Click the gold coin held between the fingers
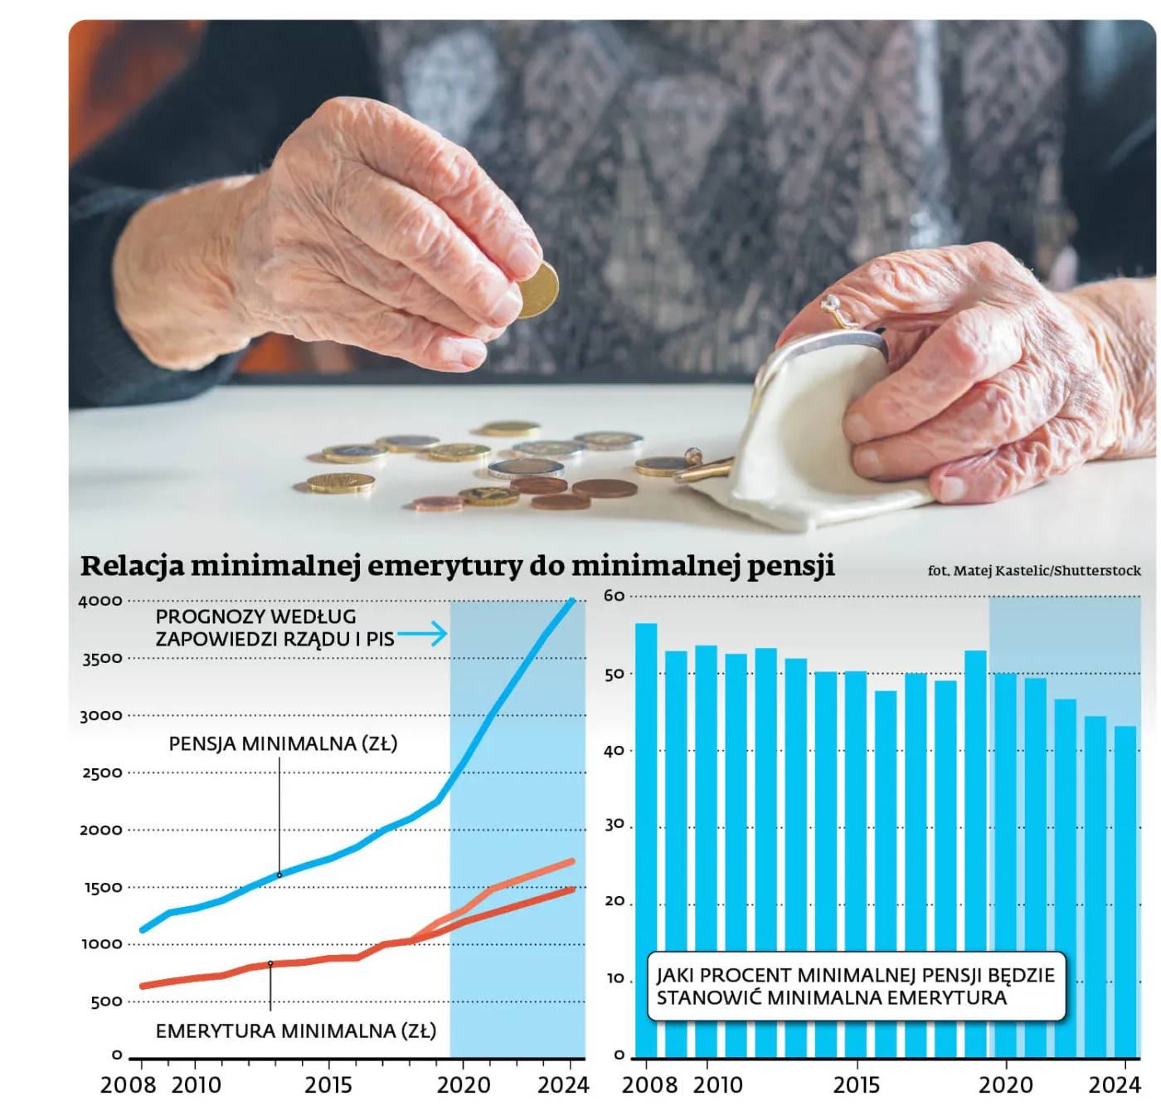tap(537, 290)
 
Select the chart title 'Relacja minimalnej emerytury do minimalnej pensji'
tap(457, 566)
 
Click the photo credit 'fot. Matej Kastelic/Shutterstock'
tap(1033, 571)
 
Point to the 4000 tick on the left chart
tap(100, 602)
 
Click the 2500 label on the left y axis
tap(101, 773)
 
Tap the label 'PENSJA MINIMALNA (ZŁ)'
tap(283, 743)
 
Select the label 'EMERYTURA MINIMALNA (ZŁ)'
tap(295, 1030)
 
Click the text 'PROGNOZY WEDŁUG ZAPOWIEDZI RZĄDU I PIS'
tap(274, 628)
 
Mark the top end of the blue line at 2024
tap(571, 601)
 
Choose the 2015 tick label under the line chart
tap(328, 1084)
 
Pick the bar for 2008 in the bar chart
tap(646, 838)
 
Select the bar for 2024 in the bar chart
tap(1125, 892)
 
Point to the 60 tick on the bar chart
tap(614, 596)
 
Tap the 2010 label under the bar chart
tap(717, 1084)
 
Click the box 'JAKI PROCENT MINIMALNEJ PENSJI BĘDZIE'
tap(855, 986)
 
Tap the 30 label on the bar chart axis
tap(614, 826)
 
